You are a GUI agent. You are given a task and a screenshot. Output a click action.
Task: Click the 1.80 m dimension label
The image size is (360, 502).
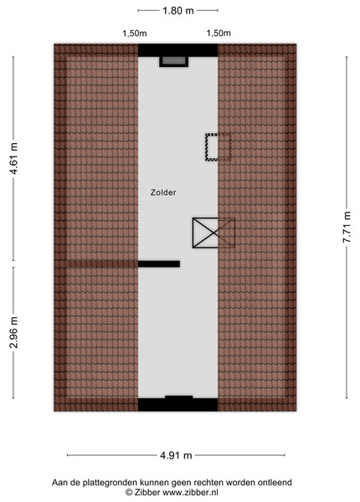click(178, 11)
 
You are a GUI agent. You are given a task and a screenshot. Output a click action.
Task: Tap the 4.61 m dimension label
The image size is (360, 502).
click(13, 158)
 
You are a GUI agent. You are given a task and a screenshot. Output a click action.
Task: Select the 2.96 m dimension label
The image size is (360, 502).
click(13, 332)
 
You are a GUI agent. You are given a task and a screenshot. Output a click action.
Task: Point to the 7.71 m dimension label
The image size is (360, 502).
click(347, 227)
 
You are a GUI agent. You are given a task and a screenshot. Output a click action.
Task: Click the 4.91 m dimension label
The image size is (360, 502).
click(176, 455)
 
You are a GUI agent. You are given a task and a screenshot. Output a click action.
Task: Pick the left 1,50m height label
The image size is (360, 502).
click(135, 33)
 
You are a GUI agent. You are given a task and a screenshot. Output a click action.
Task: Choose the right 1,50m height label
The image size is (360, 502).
click(219, 33)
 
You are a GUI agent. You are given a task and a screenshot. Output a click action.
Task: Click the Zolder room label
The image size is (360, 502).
click(163, 192)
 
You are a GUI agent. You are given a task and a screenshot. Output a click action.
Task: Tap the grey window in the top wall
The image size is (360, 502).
click(174, 61)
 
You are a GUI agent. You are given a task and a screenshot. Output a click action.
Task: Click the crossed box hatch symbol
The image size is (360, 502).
click(213, 233)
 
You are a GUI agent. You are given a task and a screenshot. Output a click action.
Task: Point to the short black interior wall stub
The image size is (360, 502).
click(159, 264)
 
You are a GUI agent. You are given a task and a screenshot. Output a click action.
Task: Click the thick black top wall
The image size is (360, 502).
click(178, 50)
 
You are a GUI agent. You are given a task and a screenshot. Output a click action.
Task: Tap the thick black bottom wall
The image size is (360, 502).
click(178, 404)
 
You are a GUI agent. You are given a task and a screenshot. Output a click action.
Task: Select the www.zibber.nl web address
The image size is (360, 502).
click(190, 492)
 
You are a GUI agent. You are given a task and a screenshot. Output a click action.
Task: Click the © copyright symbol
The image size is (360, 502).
click(129, 492)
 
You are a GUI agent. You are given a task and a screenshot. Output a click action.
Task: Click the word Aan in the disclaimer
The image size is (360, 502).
click(59, 483)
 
